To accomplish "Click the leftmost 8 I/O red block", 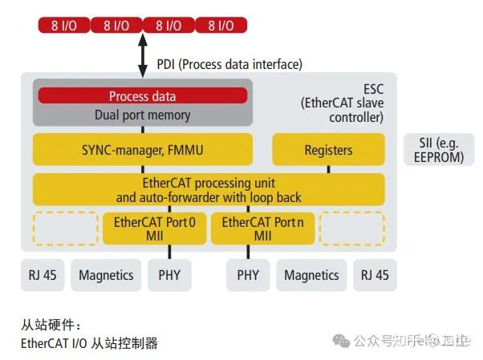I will [x=64, y=26].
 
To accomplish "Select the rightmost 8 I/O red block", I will [x=221, y=26].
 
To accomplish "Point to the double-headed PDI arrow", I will [x=143, y=55].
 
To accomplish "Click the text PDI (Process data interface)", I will [x=228, y=64].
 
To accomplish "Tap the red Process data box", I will [x=143, y=96].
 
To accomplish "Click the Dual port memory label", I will [x=143, y=114].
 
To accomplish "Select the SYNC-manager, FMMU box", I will [x=143, y=150].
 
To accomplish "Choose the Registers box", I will [x=328, y=150].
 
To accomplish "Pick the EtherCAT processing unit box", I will [x=209, y=189].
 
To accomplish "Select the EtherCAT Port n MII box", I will [x=262, y=229].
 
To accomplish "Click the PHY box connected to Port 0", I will [x=169, y=275].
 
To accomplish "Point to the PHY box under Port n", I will [x=248, y=275].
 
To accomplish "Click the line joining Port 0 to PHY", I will [x=169, y=252].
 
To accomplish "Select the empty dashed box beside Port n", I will [x=351, y=229].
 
